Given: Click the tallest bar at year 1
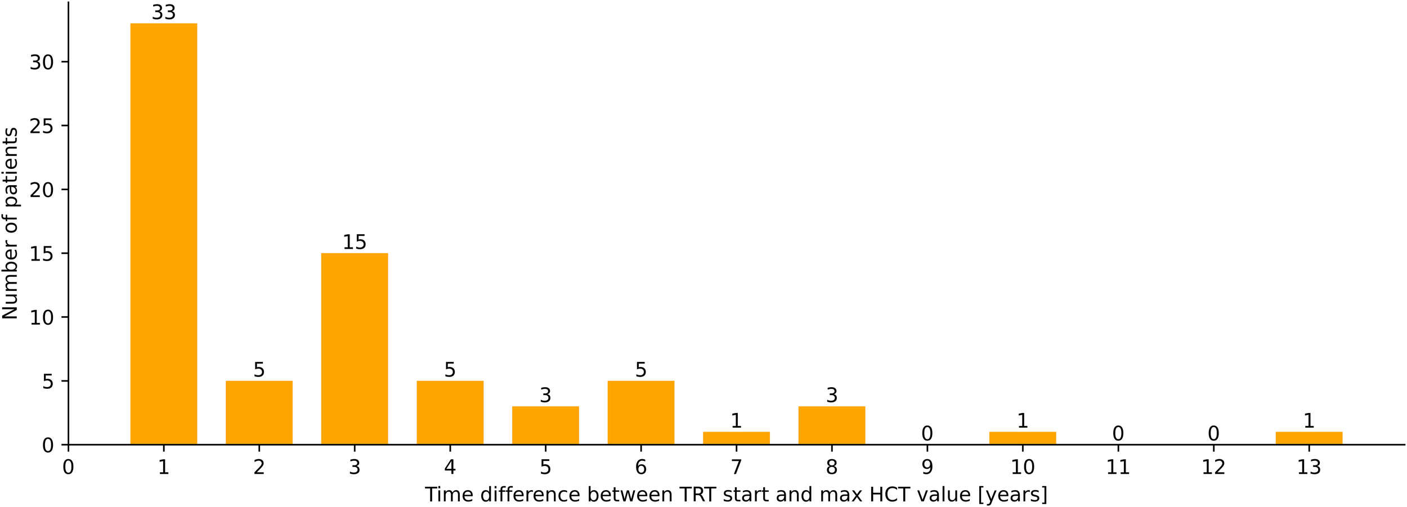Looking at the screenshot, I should (164, 234).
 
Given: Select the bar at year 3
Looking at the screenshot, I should (355, 349).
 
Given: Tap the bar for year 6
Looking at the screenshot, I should (640, 412).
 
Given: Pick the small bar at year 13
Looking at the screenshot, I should (1309, 438).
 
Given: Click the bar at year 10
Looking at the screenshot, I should (1023, 438).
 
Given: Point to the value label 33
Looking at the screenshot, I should (164, 12).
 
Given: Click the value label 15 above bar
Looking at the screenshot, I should (355, 243).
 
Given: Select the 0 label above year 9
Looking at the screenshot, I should (927, 434).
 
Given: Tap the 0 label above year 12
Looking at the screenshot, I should (1213, 434).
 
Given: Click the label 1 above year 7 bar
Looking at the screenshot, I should (736, 421).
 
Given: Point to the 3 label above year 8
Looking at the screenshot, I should (832, 396).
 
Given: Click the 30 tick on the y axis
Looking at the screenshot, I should (42, 62).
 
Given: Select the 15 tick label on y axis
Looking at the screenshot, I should (42, 254).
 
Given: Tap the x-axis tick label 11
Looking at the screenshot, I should (1118, 467).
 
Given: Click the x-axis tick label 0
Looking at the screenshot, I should (68, 467).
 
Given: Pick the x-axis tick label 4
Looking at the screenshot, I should (450, 467).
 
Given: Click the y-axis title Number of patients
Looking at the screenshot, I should (10, 223).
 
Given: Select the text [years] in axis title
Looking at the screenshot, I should (1012, 495).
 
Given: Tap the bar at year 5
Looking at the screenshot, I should (545, 425).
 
